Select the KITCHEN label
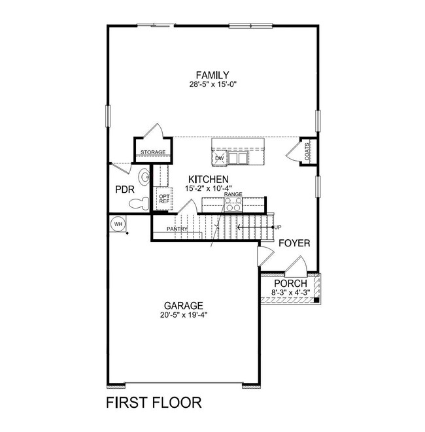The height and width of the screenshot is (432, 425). pyautogui.click(x=208, y=179)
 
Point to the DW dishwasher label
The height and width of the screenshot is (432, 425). pyautogui.click(x=219, y=158)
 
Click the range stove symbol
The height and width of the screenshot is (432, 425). pyautogui.click(x=233, y=205)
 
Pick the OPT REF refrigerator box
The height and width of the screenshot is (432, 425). pyautogui.click(x=163, y=197)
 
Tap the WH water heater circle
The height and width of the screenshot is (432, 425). pyautogui.click(x=118, y=224)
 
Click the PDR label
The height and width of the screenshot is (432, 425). pyautogui.click(x=124, y=190)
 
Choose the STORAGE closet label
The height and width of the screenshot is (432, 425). pyautogui.click(x=152, y=153)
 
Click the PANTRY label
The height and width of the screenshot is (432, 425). pyautogui.click(x=177, y=229)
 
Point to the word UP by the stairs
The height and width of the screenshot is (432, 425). pyautogui.click(x=277, y=227)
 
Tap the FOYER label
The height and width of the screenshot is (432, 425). pyautogui.click(x=294, y=243)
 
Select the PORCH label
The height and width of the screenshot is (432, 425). pyautogui.click(x=290, y=284)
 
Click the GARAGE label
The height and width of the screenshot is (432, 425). pyautogui.click(x=184, y=305)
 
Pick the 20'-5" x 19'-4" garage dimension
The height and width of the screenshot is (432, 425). pyautogui.click(x=184, y=315)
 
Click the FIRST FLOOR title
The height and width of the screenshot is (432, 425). pyautogui.click(x=154, y=401)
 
